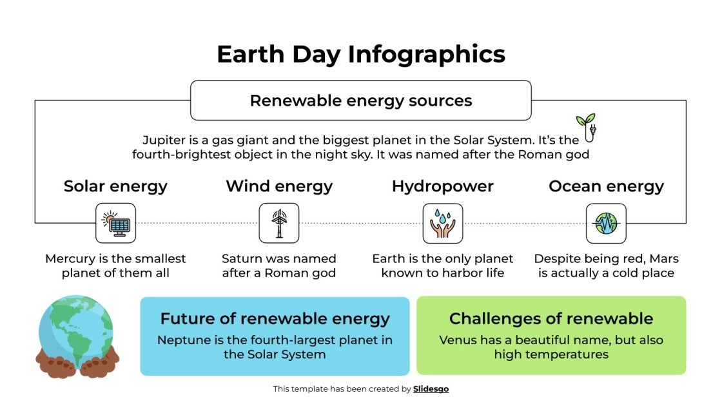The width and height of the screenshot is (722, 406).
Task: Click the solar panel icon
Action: coord(115,223)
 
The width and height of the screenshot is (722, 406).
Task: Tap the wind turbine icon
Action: coord(279,223)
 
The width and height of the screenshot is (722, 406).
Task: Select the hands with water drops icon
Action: coord(443,223)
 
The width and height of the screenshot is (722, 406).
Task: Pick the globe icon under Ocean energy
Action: coord(606,223)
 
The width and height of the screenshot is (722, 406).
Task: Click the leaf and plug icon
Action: coord(586,127)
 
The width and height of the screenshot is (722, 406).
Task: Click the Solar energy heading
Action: coord(115,186)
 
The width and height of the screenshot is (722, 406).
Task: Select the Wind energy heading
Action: coord(279,186)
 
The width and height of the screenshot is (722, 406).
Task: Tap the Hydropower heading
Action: coord(443,186)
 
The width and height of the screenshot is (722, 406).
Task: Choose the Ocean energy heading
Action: coord(606,186)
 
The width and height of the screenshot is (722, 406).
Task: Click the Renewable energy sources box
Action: coord(361,101)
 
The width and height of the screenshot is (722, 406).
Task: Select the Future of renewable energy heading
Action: coord(275,318)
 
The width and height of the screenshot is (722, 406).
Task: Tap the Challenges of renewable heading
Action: coord(551,318)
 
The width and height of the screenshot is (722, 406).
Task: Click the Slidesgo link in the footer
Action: coord(431,389)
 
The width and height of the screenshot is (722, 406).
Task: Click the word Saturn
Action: coord(242,258)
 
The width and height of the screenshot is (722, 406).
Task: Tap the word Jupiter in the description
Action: coord(164,140)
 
